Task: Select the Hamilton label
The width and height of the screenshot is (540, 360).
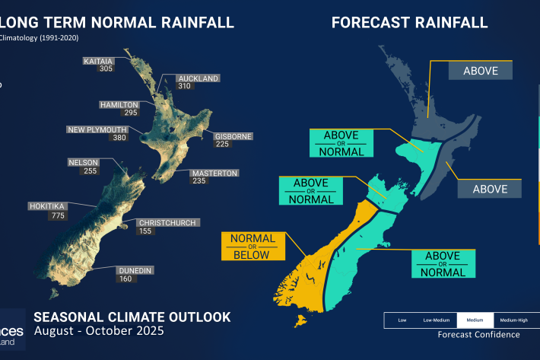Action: point(119,104)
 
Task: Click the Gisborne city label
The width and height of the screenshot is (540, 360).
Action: point(231,137)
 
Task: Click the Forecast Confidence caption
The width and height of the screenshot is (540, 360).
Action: point(479,334)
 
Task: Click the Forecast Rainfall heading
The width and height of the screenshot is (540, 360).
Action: point(409,22)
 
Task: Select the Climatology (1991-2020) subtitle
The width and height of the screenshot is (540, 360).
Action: point(40,37)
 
